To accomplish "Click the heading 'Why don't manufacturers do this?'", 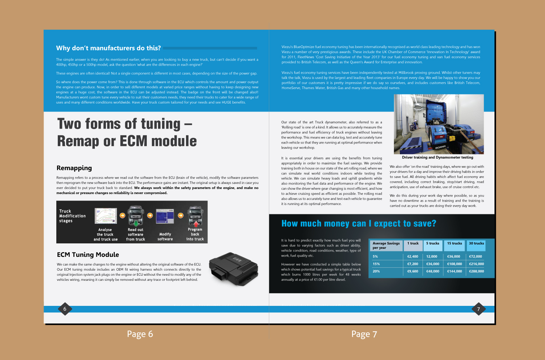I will [108, 48].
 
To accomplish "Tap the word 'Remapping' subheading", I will [74, 168].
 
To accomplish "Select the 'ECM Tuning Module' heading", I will [88, 255].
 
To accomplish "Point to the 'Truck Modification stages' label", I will [72, 216].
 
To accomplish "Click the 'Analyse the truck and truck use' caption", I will [105, 234].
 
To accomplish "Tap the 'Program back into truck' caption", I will [195, 234].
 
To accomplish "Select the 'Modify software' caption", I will [165, 236].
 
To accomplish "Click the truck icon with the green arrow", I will [136, 217].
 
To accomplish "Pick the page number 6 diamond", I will [65, 309].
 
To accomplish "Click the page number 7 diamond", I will [479, 309].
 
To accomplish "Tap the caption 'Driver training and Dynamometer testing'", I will [437, 157].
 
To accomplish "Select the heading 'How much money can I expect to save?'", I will [359, 223].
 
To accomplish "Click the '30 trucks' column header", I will [476, 244].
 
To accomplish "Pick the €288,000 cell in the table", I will [476, 271].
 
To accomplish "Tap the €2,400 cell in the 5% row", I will [413, 256].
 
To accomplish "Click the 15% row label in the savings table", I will [376, 264].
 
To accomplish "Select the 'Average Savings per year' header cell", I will [386, 246].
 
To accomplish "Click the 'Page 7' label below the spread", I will [364, 334].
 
